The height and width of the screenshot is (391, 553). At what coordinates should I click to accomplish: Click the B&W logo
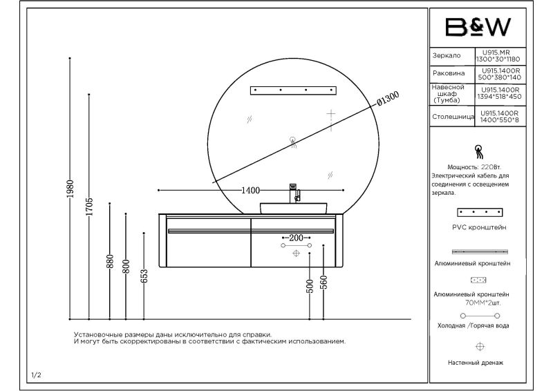477,27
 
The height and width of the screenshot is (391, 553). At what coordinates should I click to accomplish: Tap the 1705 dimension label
89,207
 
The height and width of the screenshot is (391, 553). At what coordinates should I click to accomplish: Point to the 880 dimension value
110,262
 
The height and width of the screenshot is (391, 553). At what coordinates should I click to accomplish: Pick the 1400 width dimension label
250,190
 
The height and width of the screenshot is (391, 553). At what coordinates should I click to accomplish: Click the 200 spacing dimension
296,238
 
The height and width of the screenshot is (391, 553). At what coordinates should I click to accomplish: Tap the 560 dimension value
324,282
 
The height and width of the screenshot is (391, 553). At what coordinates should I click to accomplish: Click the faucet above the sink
293,191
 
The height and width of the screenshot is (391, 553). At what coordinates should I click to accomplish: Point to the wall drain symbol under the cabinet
296,254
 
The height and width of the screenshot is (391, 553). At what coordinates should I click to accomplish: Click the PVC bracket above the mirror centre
293,90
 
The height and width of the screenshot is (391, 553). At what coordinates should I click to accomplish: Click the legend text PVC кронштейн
479,226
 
